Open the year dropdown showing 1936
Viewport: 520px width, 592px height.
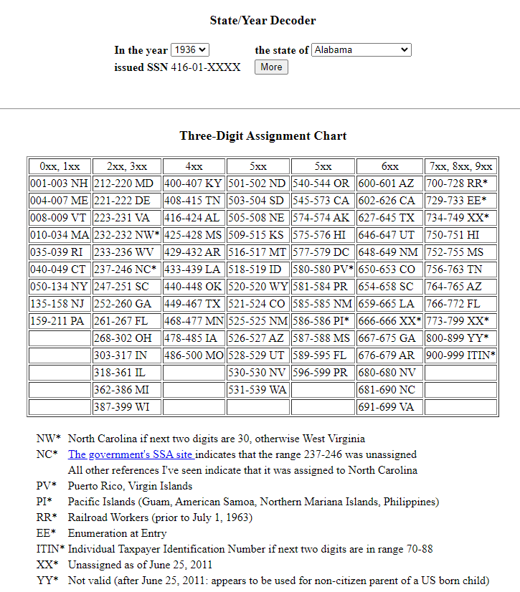(x=190, y=50)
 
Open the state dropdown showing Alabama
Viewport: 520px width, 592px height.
(x=361, y=50)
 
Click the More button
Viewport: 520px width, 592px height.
(x=271, y=67)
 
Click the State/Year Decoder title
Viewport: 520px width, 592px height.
(x=263, y=21)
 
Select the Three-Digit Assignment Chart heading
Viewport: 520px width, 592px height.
(x=263, y=135)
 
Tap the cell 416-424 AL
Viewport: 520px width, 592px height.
(x=194, y=217)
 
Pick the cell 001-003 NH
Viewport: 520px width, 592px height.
(x=60, y=183)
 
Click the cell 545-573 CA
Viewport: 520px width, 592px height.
(x=323, y=200)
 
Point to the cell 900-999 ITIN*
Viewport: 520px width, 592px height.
(x=460, y=355)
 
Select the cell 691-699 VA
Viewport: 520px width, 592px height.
(x=389, y=406)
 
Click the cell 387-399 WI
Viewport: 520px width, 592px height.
(x=126, y=406)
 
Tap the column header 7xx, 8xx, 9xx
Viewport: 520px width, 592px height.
(x=460, y=166)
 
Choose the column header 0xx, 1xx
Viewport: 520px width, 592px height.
(x=60, y=166)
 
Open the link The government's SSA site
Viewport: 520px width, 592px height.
(x=131, y=454)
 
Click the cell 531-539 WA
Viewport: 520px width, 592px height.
(x=258, y=389)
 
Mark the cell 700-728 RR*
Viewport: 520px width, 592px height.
(x=460, y=183)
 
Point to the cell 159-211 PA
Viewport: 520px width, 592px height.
(x=60, y=320)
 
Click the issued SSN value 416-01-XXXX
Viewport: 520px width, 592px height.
(x=206, y=67)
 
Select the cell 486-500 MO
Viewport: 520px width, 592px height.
(x=194, y=355)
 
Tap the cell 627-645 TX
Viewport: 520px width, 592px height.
(x=389, y=217)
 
